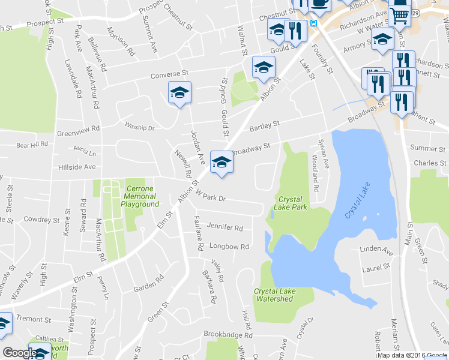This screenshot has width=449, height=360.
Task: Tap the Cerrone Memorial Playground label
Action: click(x=139, y=196)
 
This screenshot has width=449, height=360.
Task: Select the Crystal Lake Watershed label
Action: click(x=274, y=295)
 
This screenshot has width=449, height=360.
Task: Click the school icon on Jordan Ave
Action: click(x=179, y=93)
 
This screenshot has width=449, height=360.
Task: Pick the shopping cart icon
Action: click(x=399, y=14)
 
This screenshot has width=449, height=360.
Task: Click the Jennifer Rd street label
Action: click(x=224, y=228)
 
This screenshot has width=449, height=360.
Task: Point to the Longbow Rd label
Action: click(x=229, y=247)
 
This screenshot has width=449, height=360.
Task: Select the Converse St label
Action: click(x=169, y=75)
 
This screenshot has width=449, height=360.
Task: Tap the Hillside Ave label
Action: click(x=77, y=167)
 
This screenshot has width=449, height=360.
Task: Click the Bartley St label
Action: click(x=265, y=125)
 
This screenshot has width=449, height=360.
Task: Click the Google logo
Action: click(x=19, y=353)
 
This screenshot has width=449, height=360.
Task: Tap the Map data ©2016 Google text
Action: click(x=412, y=355)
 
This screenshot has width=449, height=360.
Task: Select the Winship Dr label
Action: click(x=139, y=127)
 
